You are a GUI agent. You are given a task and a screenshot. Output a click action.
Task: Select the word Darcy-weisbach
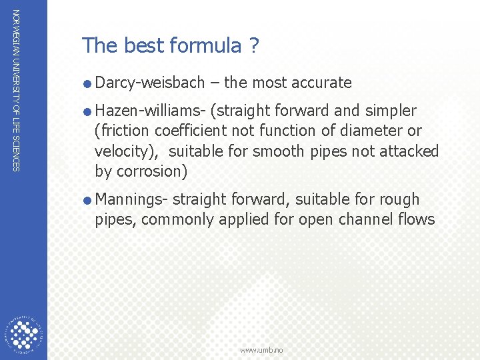[150, 83]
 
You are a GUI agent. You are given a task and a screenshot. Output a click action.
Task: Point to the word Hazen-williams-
[151, 111]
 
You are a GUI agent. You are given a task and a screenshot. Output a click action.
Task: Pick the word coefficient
[186, 131]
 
